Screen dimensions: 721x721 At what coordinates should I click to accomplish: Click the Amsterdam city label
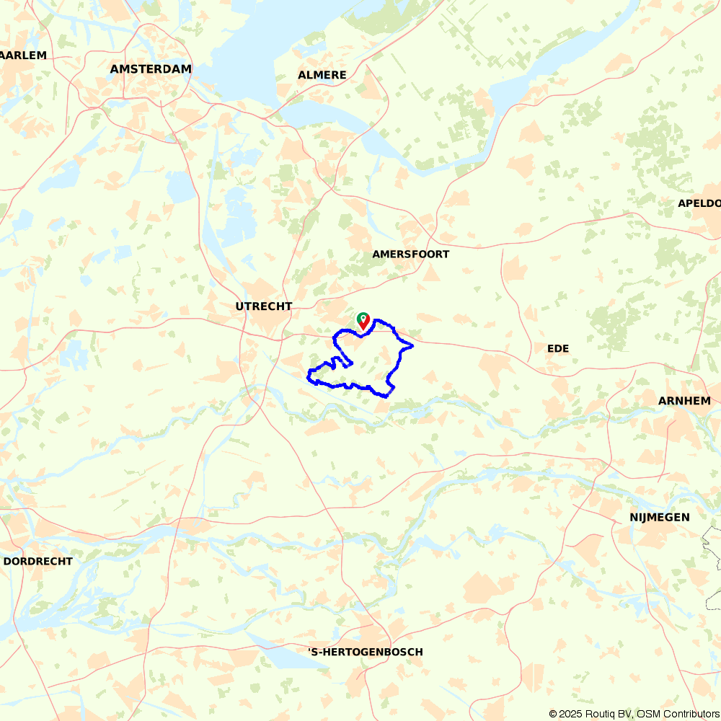151,69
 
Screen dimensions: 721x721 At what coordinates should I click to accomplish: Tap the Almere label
322,75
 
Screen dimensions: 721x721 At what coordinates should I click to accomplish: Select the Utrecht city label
264,306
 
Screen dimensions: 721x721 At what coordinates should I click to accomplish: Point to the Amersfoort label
411,255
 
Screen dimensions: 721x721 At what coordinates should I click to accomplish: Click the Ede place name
558,349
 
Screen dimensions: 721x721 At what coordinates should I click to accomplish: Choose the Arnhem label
684,401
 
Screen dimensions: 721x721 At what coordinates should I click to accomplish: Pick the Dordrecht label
38,561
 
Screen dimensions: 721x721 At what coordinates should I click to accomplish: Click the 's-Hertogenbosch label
366,653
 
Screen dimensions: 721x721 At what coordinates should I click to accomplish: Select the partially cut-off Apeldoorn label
699,203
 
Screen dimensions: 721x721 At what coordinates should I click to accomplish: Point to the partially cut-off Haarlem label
24,56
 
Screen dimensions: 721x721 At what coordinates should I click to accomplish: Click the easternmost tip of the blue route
412,346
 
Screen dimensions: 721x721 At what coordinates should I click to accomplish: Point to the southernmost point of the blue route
387,397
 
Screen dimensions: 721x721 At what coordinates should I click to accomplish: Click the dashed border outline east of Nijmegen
710,541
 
